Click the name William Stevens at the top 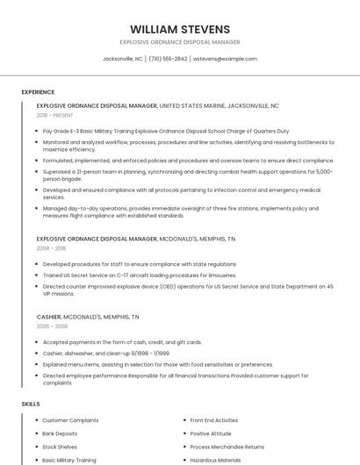(x=180, y=29)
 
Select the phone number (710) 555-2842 (x=168, y=59)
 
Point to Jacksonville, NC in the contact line (x=122, y=59)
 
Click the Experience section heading (x=38, y=92)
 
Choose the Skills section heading (x=31, y=404)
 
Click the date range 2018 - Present (x=55, y=115)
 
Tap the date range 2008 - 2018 (x=51, y=248)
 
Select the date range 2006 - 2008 (x=51, y=326)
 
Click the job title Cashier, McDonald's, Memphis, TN (x=88, y=317)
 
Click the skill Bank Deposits (x=60, y=433)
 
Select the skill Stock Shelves (x=60, y=447)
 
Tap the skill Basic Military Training (x=69, y=460)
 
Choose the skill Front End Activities (x=213, y=420)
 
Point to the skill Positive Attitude (x=211, y=433)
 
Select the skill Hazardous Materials (x=216, y=460)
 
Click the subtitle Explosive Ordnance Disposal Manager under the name (x=180, y=42)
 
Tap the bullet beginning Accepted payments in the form (x=122, y=342)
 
